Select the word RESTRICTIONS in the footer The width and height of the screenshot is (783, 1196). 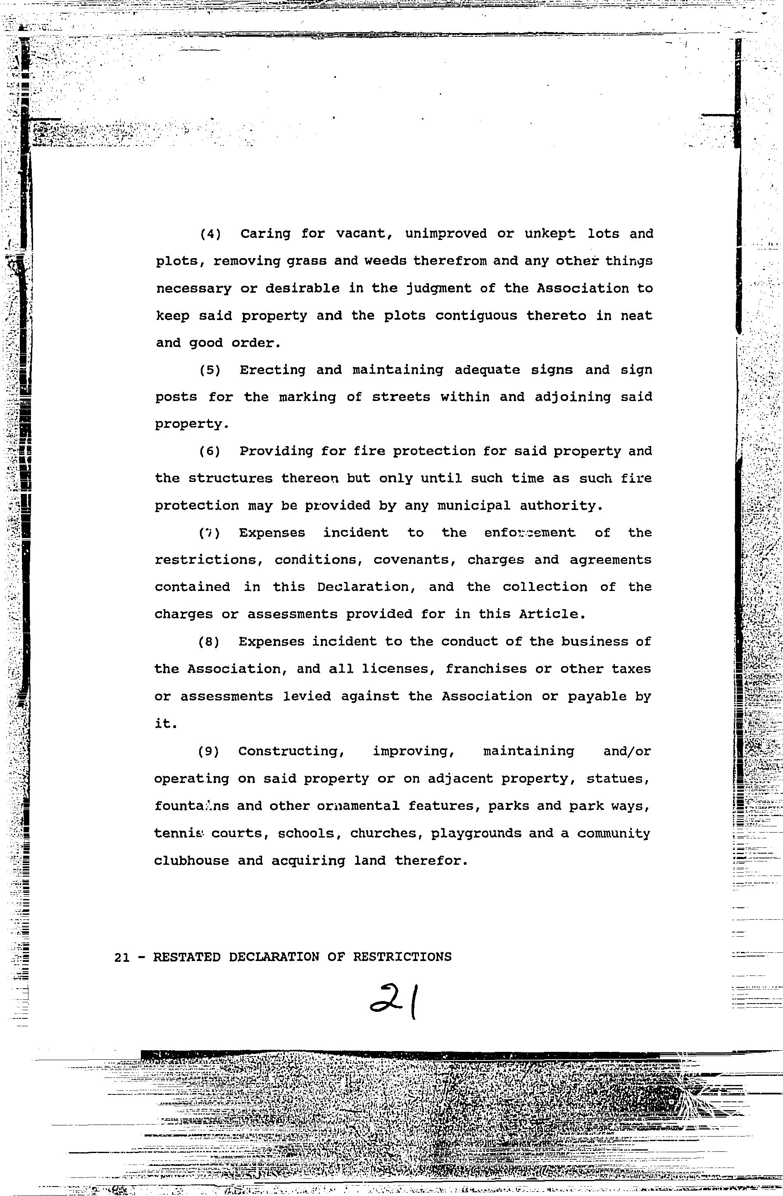[402, 957]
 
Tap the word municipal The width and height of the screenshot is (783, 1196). [473, 506]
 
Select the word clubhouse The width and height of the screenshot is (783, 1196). [190, 861]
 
